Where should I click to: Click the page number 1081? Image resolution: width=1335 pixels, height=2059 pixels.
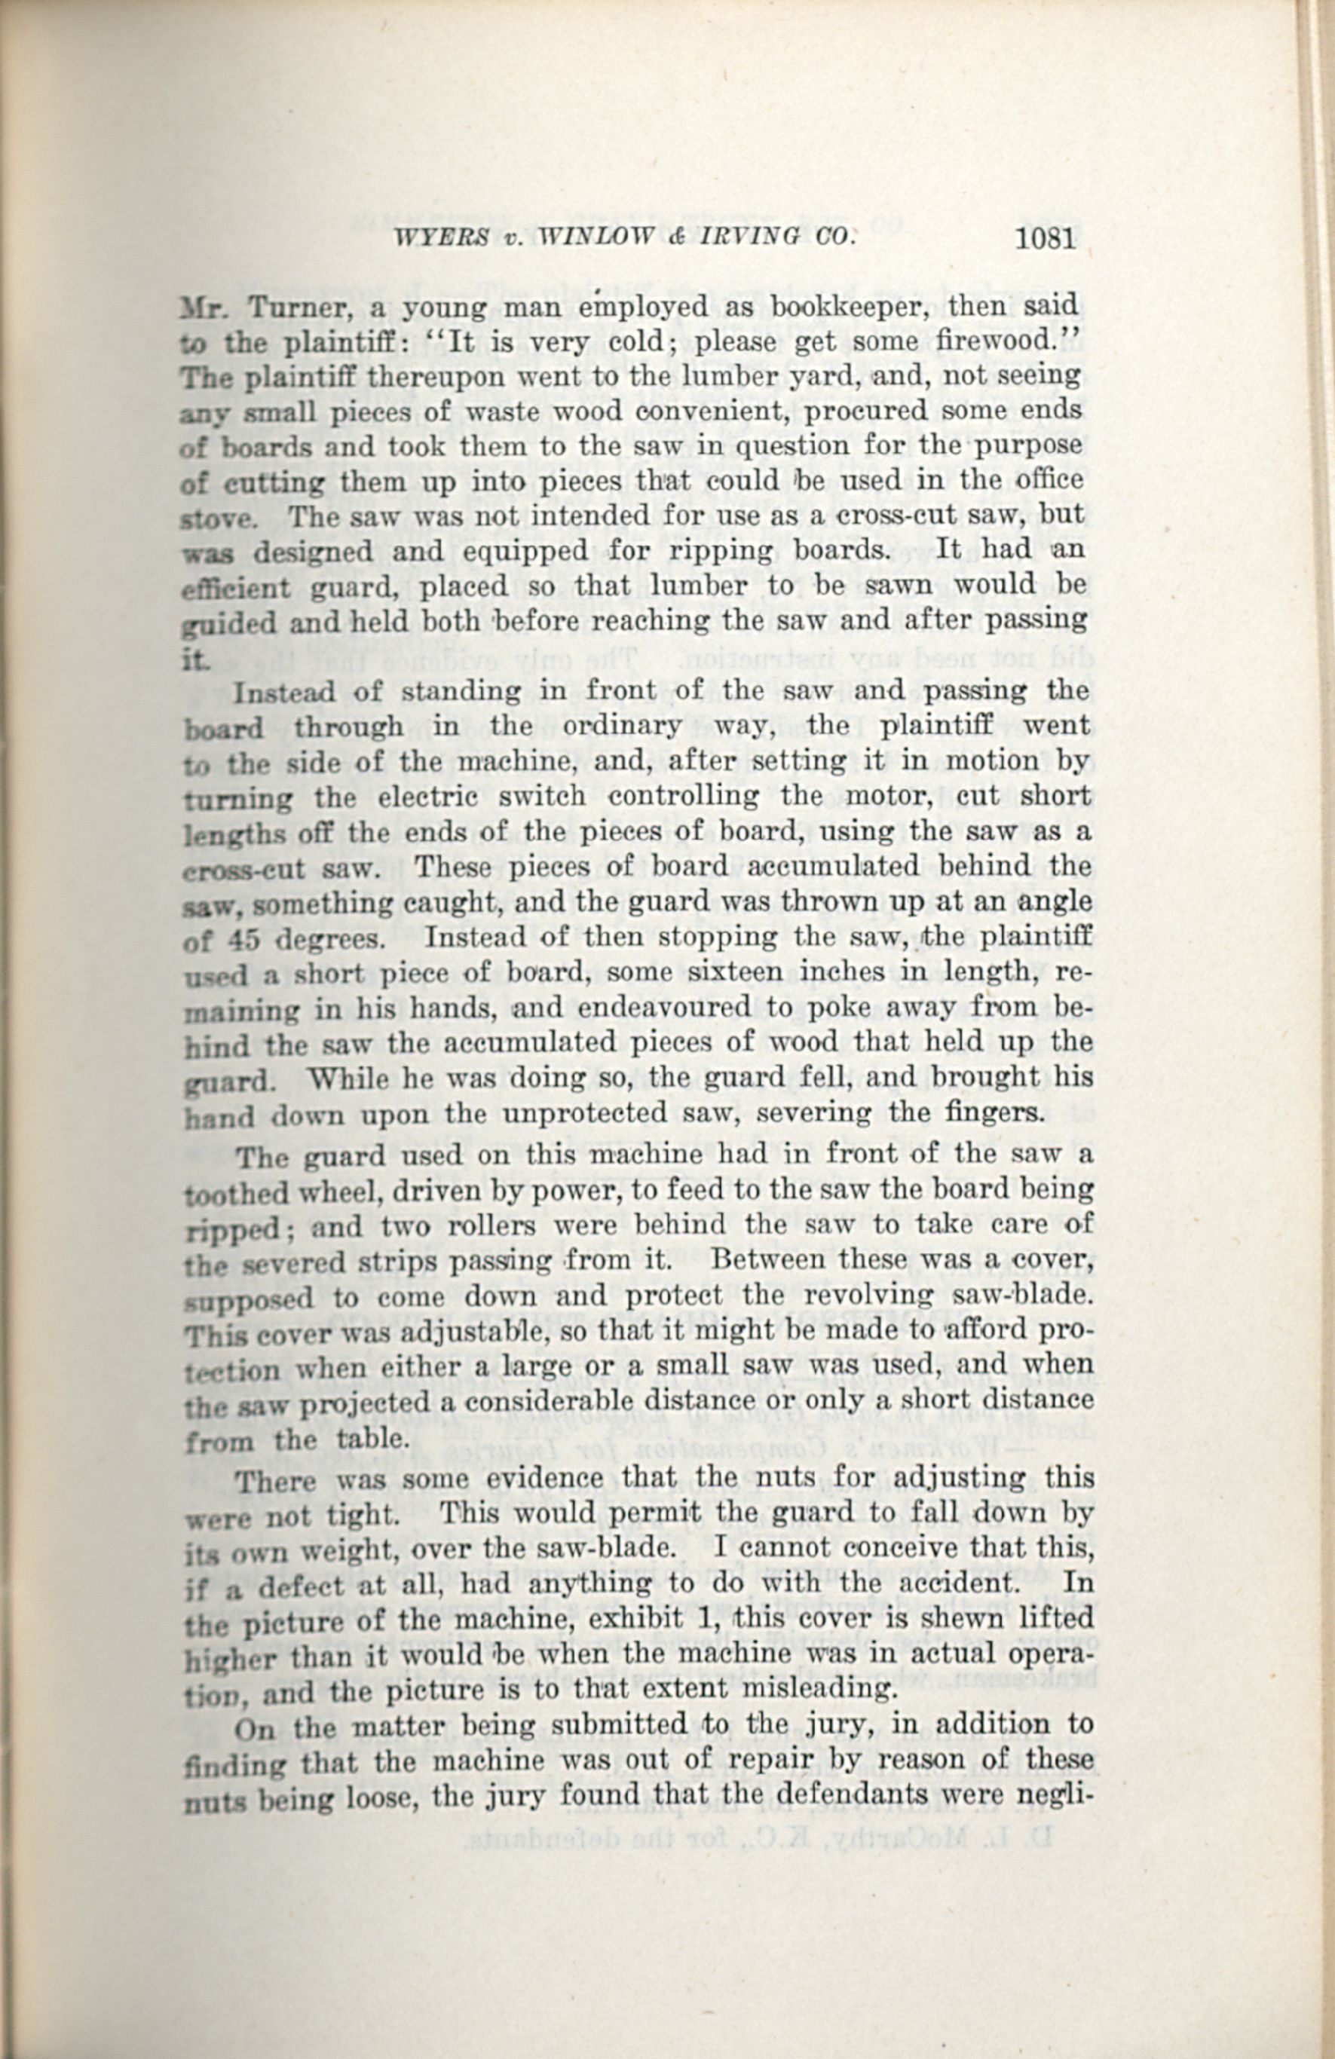coord(1046,237)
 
